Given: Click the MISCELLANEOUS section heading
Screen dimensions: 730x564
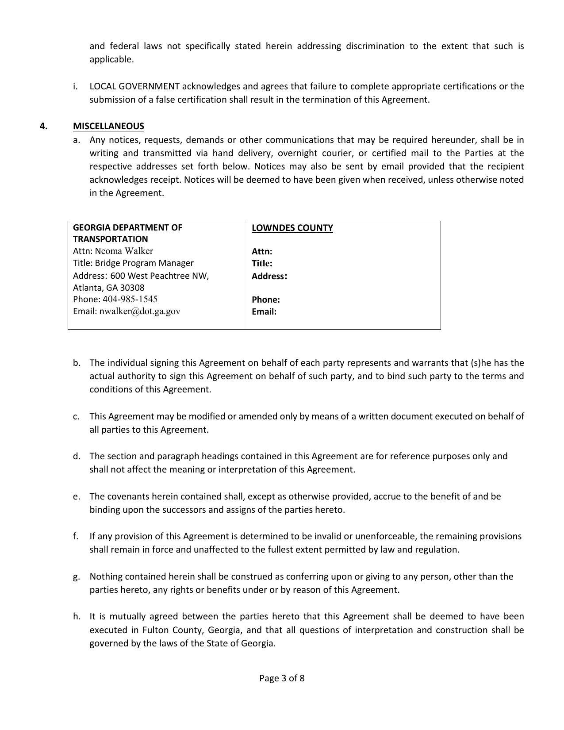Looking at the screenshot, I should click(108, 126).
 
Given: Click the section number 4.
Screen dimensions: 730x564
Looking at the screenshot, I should click(43, 126).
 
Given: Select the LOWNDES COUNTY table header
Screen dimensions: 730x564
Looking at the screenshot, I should click(292, 228).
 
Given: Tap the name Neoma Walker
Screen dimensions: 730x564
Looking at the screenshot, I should click(124, 251).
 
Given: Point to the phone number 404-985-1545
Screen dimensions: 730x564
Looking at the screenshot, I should click(130, 299).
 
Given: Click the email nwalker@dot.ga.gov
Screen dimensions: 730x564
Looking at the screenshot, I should click(140, 311).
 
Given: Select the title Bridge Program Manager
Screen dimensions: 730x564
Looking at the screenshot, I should click(144, 263).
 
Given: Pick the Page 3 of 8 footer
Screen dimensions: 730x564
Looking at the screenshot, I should click(282, 678).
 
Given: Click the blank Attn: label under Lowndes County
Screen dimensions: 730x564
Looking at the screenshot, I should click(262, 251).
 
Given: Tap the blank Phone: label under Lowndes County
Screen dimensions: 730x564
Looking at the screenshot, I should click(266, 300).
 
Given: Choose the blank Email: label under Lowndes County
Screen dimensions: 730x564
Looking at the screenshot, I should click(264, 311).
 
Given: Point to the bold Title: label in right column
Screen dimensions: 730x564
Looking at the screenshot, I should click(262, 263).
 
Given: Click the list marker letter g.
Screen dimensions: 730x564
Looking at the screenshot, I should click(76, 576).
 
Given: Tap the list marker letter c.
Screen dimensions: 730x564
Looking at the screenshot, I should click(76, 416).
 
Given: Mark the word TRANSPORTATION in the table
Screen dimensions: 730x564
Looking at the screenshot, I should click(111, 239).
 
